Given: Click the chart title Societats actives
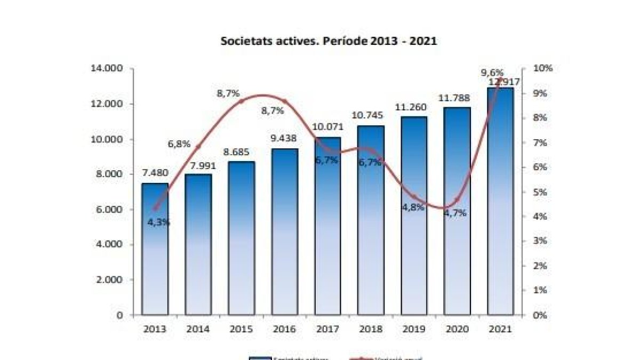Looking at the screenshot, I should tap(329, 41).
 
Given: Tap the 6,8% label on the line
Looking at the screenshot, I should tap(180, 144).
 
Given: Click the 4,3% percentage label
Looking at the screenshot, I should tap(159, 222).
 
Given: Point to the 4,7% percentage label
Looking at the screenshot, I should tap(455, 213).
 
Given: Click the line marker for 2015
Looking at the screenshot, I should tap(242, 101).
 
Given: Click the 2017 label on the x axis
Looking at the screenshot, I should tap(327, 329).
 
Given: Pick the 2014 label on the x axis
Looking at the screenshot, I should tap(198, 329).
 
